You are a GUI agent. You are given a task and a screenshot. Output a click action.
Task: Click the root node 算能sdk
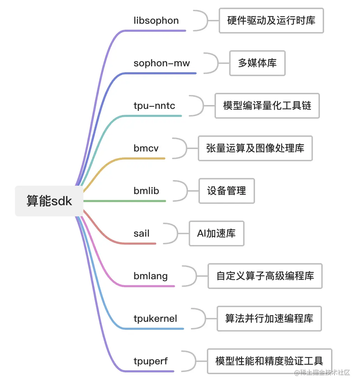click(49, 201)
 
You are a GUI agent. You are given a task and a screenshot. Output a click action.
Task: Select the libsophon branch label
click(156, 21)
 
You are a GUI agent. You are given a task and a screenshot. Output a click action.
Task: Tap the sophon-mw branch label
click(162, 63)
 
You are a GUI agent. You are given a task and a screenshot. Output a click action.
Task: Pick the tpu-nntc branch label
click(154, 106)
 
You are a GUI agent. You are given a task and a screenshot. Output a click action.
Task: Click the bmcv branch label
click(146, 148)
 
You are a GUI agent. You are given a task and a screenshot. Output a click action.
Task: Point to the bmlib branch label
click(146, 191)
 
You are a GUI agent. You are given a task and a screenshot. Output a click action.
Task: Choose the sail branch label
click(141, 233)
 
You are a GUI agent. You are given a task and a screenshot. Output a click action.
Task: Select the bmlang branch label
click(150, 276)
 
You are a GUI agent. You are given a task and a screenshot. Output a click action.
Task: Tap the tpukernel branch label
click(155, 319)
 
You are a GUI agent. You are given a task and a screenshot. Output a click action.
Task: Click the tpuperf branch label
click(150, 361)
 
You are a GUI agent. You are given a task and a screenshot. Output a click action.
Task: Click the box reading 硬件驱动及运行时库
click(271, 21)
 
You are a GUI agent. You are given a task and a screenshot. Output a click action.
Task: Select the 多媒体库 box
click(257, 63)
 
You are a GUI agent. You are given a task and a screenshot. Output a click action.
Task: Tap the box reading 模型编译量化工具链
click(267, 106)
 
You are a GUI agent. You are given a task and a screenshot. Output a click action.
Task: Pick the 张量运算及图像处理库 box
click(255, 148)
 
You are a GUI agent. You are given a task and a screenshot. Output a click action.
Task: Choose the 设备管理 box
click(226, 191)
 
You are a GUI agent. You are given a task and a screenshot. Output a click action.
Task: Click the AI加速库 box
click(216, 233)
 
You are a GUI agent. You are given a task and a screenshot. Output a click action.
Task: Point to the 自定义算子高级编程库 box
click(265, 276)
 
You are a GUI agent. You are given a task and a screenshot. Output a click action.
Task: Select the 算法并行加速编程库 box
click(269, 319)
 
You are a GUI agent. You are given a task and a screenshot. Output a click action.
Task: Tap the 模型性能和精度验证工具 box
click(269, 361)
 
